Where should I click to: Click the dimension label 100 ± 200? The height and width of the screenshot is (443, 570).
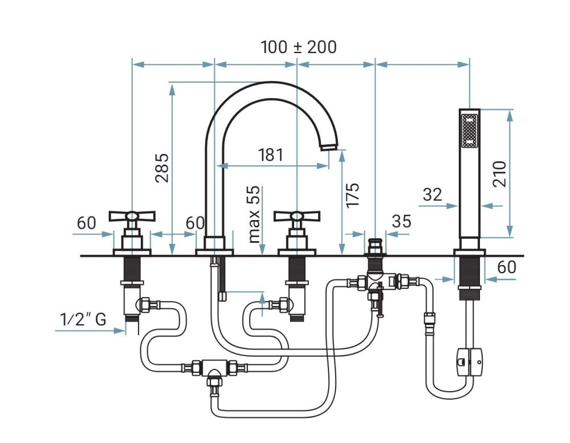click(x=299, y=47)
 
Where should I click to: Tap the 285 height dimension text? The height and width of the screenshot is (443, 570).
click(x=162, y=167)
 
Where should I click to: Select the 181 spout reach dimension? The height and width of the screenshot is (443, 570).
click(x=271, y=154)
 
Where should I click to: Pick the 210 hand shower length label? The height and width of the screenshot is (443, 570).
click(x=500, y=174)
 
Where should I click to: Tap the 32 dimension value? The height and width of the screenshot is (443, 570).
click(x=433, y=194)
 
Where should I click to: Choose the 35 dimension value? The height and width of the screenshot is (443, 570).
click(x=401, y=221)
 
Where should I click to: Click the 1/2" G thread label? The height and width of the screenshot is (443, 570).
click(x=83, y=319)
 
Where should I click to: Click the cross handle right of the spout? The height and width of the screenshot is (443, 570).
click(x=296, y=216)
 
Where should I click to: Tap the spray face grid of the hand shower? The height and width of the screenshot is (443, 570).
click(x=470, y=132)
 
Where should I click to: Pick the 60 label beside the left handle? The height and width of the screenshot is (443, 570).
click(x=87, y=223)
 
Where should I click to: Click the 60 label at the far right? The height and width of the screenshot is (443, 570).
click(x=506, y=267)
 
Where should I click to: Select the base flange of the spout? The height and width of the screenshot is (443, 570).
click(x=214, y=251)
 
